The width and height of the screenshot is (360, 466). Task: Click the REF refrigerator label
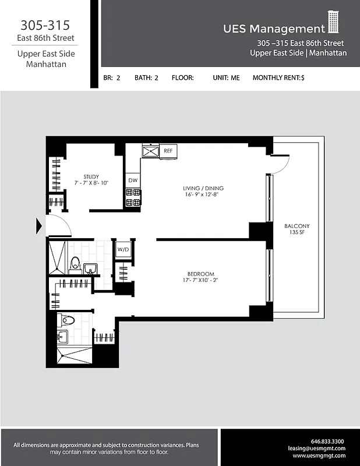pos(168,151)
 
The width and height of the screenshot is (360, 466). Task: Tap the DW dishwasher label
pos(133,181)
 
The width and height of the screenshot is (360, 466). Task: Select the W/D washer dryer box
pos(123,249)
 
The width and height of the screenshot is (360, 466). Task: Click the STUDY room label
pos(91,176)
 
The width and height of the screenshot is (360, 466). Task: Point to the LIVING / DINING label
pos(203,188)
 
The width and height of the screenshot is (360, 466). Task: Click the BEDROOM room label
pos(200,274)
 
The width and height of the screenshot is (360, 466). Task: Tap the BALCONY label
pos(297,226)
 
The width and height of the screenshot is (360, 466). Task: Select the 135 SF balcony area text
pos(297,232)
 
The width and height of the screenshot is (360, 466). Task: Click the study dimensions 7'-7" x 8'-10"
pos(91,183)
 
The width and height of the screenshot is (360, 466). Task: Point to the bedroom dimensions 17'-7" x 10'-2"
pos(200,281)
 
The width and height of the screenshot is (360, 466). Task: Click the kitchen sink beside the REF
pos(151,151)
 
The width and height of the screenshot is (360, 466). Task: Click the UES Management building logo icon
pos(333,23)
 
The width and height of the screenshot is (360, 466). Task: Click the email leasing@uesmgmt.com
pos(316,449)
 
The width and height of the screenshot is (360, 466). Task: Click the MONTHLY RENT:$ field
pos(278,77)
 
